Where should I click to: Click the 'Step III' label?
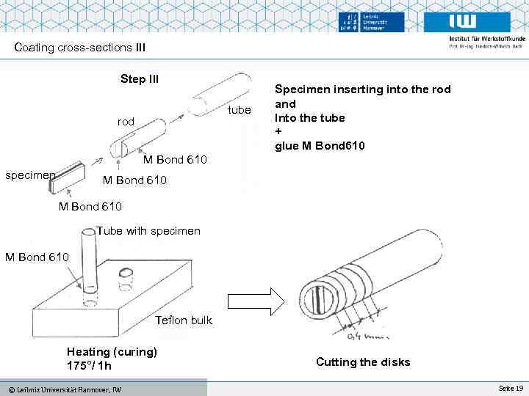(140, 79)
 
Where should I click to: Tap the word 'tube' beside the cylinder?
(240, 110)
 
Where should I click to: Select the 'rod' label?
(126, 122)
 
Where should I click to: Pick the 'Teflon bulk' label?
(184, 320)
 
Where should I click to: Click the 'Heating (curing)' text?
(112, 351)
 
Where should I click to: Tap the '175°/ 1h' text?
(89, 365)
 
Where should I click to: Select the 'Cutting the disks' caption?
(363, 362)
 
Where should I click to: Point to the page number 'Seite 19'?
(511, 387)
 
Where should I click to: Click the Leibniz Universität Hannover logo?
(373, 23)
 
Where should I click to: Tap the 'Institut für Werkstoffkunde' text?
(486, 39)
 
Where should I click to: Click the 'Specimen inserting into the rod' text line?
(363, 89)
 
